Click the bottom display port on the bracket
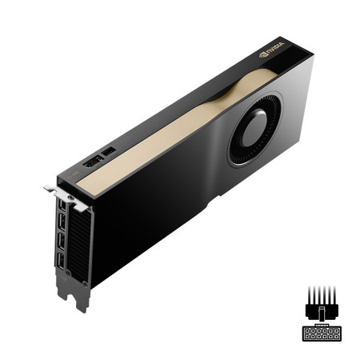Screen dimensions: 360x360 point(61,262)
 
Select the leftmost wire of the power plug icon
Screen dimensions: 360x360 point(308,294)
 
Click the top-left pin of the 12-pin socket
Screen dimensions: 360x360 point(306,330)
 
